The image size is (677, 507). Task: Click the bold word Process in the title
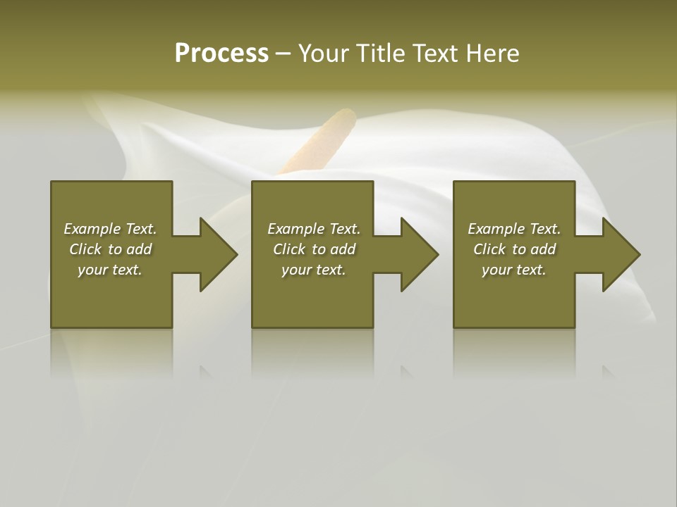tap(221, 54)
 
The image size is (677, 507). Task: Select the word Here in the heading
tap(492, 54)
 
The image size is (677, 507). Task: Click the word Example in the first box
tap(92, 229)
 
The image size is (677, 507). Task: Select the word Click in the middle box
tap(289, 249)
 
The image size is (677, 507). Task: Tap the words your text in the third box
tap(513, 270)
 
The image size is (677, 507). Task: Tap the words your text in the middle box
tap(313, 270)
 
